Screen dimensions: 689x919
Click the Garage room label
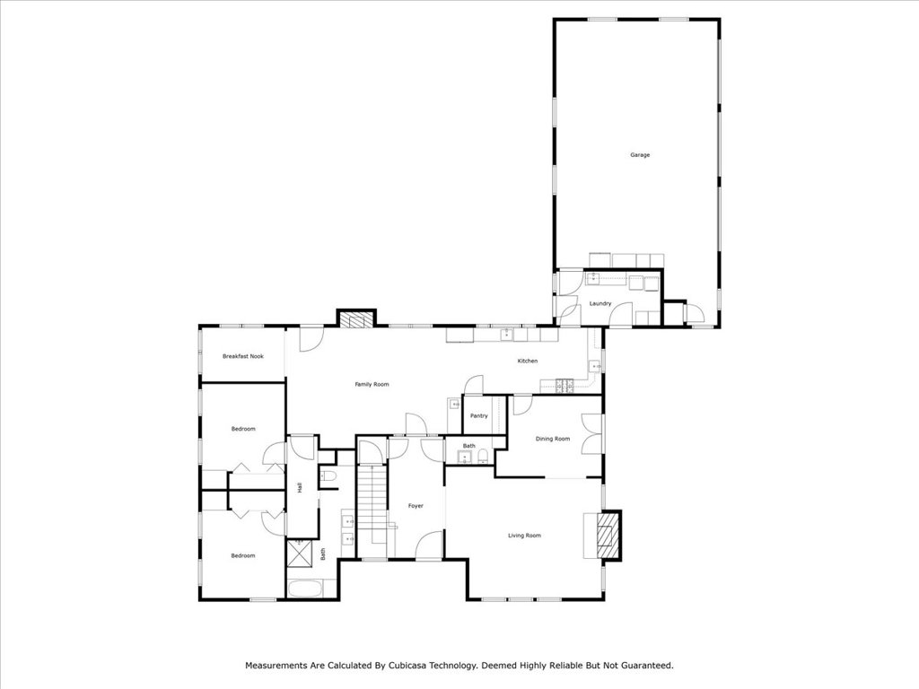(639, 155)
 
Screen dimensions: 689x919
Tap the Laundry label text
(600, 304)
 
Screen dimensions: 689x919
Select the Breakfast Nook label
(242, 356)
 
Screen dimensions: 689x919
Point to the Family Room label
(372, 384)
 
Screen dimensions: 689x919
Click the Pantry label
(478, 415)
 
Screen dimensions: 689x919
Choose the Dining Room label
(553, 439)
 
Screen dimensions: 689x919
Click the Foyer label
(416, 506)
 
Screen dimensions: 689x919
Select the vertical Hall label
(300, 488)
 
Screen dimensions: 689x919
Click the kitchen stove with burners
(565, 387)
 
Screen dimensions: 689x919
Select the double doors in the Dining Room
(589, 435)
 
